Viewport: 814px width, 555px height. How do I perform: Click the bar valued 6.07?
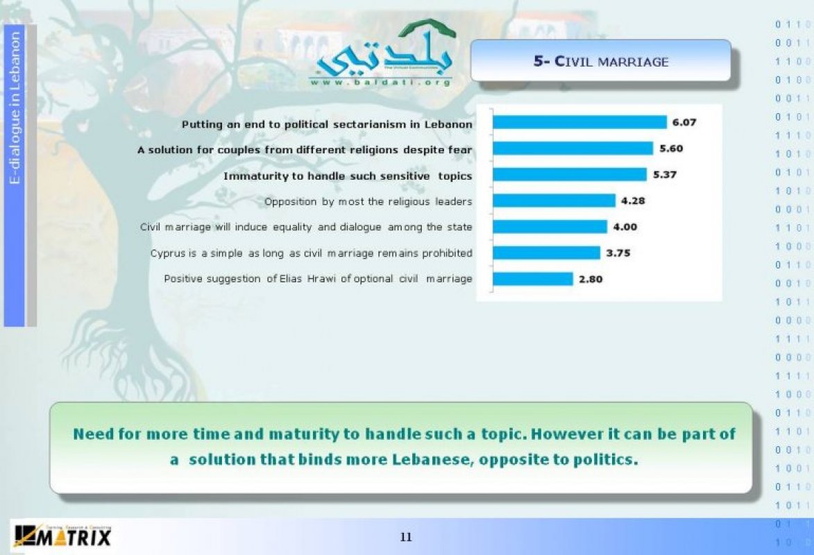(x=579, y=122)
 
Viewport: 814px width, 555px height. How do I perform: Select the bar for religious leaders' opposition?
(x=554, y=200)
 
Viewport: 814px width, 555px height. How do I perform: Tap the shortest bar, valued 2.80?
(x=533, y=279)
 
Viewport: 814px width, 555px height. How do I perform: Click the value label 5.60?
(x=671, y=148)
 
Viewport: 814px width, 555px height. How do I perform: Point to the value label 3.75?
(x=618, y=253)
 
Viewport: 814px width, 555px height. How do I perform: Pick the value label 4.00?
(x=625, y=227)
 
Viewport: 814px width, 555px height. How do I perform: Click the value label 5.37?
(x=665, y=174)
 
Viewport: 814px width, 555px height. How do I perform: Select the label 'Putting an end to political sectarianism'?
(x=327, y=125)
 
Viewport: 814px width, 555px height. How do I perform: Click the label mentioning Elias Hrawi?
(x=318, y=279)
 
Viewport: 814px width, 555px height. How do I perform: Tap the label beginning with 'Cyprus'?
(x=312, y=253)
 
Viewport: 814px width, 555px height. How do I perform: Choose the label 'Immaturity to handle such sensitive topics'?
(x=348, y=176)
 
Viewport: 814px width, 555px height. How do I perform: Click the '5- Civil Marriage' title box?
(x=601, y=61)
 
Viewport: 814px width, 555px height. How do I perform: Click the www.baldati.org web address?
(x=380, y=82)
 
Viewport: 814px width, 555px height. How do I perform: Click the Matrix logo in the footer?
(x=63, y=536)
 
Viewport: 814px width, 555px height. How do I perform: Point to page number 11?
(x=406, y=537)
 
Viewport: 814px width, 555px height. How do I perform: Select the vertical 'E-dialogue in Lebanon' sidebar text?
(x=15, y=108)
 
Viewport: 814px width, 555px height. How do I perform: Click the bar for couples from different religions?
(x=573, y=148)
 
